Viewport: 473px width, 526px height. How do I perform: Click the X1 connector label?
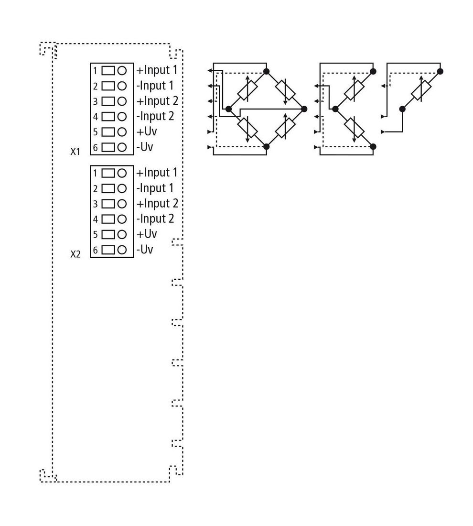click(75, 152)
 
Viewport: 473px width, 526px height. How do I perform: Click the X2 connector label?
click(75, 254)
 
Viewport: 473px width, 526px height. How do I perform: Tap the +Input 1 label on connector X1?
click(157, 70)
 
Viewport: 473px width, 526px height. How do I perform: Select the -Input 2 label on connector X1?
click(155, 116)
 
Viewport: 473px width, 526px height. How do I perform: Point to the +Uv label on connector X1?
click(147, 131)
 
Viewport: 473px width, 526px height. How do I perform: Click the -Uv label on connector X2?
click(144, 250)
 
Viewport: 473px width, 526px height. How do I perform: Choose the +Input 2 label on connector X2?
click(157, 204)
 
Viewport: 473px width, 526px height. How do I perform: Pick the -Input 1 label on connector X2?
click(155, 188)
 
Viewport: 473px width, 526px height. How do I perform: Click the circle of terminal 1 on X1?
click(122, 71)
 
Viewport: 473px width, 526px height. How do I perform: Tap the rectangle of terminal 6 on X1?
click(108, 147)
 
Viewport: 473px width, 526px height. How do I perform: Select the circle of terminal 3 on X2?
click(122, 204)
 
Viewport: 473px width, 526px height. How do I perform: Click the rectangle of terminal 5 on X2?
click(108, 234)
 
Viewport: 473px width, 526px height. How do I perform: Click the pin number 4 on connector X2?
click(96, 219)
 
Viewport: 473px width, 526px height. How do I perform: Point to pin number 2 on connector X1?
click(96, 86)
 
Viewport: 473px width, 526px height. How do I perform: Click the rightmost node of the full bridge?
click(304, 109)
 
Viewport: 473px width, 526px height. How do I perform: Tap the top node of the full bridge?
click(267, 71)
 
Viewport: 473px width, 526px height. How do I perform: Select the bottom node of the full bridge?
click(267, 147)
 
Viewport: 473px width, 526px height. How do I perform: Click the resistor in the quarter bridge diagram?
click(421, 90)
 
